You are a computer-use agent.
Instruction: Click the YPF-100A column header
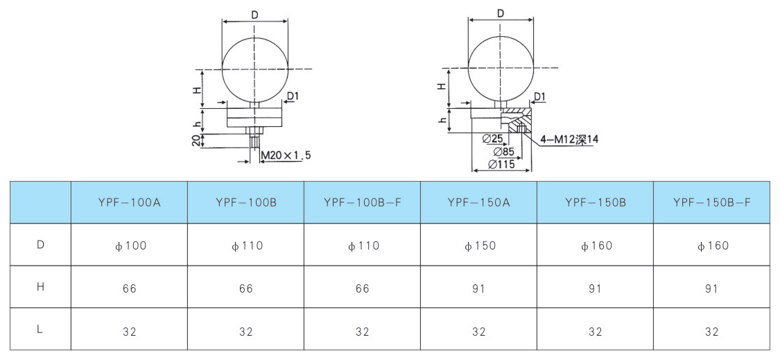pyautogui.click(x=129, y=202)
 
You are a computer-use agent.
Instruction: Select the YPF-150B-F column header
pyautogui.click(x=712, y=202)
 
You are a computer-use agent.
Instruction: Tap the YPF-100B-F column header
pyautogui.click(x=362, y=202)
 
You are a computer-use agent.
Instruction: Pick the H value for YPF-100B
pyautogui.click(x=245, y=289)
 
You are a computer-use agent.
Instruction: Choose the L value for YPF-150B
pyautogui.click(x=596, y=332)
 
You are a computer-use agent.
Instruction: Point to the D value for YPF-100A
pyautogui.click(x=130, y=246)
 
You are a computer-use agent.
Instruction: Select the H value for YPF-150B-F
pyautogui.click(x=712, y=289)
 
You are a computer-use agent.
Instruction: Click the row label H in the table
pyautogui.click(x=41, y=288)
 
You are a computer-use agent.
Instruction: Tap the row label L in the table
pyautogui.click(x=40, y=331)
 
